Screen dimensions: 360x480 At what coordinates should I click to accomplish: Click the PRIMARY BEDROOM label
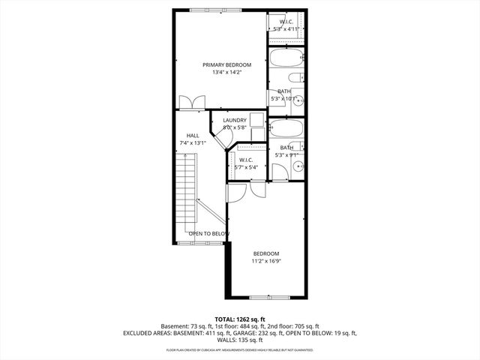pos(226,65)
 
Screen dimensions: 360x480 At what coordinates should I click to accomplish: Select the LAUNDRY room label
pos(235,120)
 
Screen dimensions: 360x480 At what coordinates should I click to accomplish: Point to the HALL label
pos(193,135)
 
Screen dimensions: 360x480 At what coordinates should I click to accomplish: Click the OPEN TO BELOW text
pos(208,234)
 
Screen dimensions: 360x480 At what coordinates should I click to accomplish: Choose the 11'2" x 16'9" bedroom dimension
pos(265,262)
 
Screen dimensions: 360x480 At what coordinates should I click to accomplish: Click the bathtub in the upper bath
pos(286,58)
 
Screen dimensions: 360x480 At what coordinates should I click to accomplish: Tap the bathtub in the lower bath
pos(285,128)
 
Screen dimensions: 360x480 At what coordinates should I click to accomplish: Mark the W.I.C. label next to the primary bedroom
pos(286,22)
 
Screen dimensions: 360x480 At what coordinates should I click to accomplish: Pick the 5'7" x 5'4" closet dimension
pos(246,168)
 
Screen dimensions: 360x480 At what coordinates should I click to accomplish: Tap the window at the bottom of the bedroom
pos(265,298)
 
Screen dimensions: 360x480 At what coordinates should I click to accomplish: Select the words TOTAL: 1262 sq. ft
pos(240,319)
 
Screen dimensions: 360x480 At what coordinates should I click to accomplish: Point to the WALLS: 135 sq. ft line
pos(240,340)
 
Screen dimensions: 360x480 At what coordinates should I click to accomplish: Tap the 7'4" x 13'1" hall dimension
pos(193,142)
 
